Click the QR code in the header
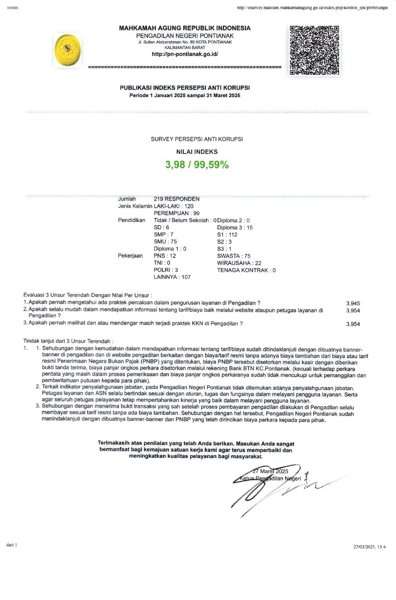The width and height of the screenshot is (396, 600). [x=314, y=50]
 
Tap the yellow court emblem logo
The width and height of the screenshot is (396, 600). [x=68, y=50]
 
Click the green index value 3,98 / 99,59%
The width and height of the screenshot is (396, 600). [x=197, y=165]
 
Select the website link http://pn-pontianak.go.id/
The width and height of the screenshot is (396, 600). [x=185, y=54]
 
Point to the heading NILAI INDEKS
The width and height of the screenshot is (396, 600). [x=197, y=152]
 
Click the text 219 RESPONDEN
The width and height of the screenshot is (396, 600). [x=176, y=199]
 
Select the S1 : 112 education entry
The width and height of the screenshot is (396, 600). [x=227, y=235]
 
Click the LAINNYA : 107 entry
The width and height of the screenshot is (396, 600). [x=172, y=277]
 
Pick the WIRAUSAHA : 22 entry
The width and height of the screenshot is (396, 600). [x=239, y=263]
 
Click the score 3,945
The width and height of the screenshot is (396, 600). [x=353, y=304]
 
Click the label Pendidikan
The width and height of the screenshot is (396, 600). [x=132, y=220]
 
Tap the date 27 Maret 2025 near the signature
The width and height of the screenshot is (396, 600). [x=270, y=471]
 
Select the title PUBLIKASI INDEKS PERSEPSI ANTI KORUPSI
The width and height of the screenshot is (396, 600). [x=185, y=88]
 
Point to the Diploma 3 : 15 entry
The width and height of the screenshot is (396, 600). [x=235, y=228]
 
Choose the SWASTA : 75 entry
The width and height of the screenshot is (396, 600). [x=233, y=256]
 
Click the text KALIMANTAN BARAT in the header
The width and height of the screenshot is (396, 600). [x=185, y=48]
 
